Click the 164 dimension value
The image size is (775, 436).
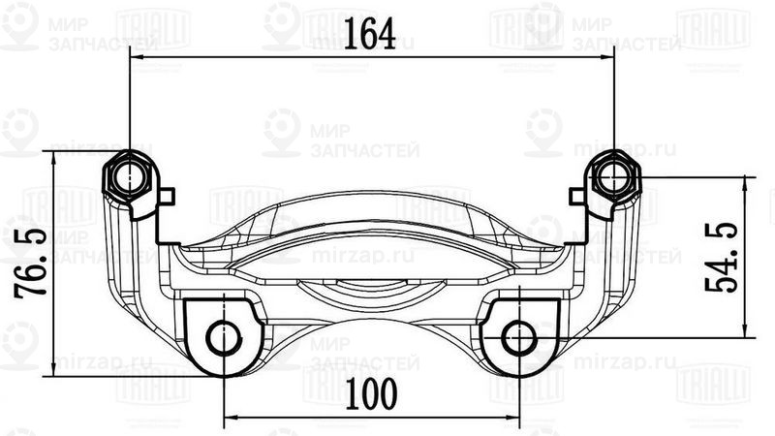click(371, 37)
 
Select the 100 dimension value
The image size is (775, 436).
click(371, 392)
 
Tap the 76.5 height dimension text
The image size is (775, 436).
click(22, 263)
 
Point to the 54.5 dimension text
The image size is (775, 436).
click(726, 257)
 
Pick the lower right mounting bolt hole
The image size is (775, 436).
click(518, 338)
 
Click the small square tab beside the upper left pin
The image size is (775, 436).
click(168, 197)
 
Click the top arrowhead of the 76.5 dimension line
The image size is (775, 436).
click(53, 158)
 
